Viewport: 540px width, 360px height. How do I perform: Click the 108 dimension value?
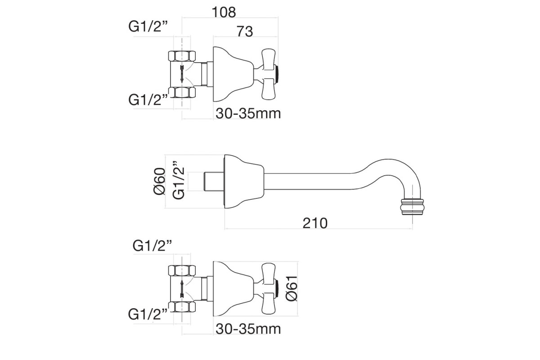pyautogui.click(x=224, y=12)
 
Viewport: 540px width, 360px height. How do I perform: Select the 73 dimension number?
pyautogui.click(x=245, y=31)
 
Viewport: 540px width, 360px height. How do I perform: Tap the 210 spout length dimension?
pyautogui.click(x=315, y=223)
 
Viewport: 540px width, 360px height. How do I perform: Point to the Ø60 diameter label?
pyautogui.click(x=159, y=181)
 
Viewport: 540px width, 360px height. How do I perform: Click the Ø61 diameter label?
pyautogui.click(x=291, y=288)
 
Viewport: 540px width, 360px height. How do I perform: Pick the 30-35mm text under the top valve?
pyautogui.click(x=248, y=113)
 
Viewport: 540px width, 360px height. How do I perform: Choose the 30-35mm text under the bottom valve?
pyautogui.click(x=248, y=328)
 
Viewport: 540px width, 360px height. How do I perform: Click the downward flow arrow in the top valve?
pyautogui.click(x=182, y=73)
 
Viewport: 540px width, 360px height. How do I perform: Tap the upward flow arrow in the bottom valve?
pyautogui.click(x=182, y=288)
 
